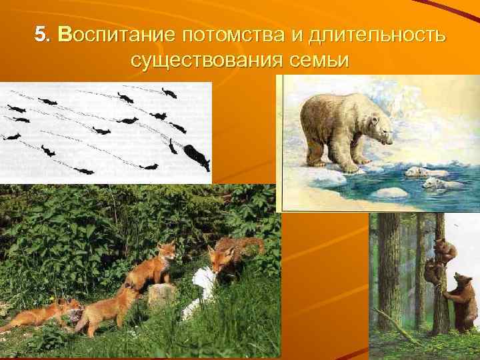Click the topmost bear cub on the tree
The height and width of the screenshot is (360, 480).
(445, 249)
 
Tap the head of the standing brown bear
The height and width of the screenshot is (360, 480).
(463, 279)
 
